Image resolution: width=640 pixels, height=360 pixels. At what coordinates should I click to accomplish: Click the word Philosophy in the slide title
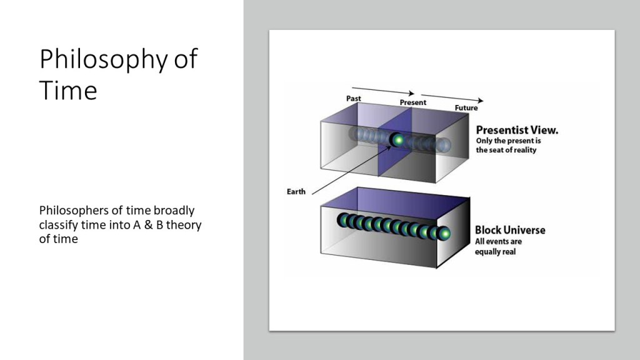click(x=103, y=59)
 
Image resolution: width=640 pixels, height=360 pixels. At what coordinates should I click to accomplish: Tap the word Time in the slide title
click(x=68, y=90)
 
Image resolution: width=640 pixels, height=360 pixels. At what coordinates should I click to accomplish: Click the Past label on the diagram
click(x=354, y=98)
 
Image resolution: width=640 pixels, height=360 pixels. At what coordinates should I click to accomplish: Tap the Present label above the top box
click(x=412, y=102)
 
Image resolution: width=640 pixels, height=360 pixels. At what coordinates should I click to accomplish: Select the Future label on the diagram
click(x=466, y=107)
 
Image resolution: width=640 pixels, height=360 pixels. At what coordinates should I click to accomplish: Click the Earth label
click(x=296, y=191)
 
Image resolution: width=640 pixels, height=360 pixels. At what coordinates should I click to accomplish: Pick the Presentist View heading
click(x=517, y=130)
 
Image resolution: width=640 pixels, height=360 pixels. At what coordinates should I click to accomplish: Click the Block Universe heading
click(x=510, y=230)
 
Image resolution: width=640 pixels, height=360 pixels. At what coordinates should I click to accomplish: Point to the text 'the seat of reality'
click(x=506, y=150)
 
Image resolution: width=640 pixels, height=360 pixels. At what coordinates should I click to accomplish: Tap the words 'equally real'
click(x=495, y=251)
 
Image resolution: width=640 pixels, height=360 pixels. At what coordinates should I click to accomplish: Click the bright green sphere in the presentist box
click(x=397, y=140)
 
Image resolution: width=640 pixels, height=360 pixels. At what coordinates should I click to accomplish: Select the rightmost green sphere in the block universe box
click(x=443, y=234)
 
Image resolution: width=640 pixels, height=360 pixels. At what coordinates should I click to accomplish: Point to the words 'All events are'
click(x=498, y=241)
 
